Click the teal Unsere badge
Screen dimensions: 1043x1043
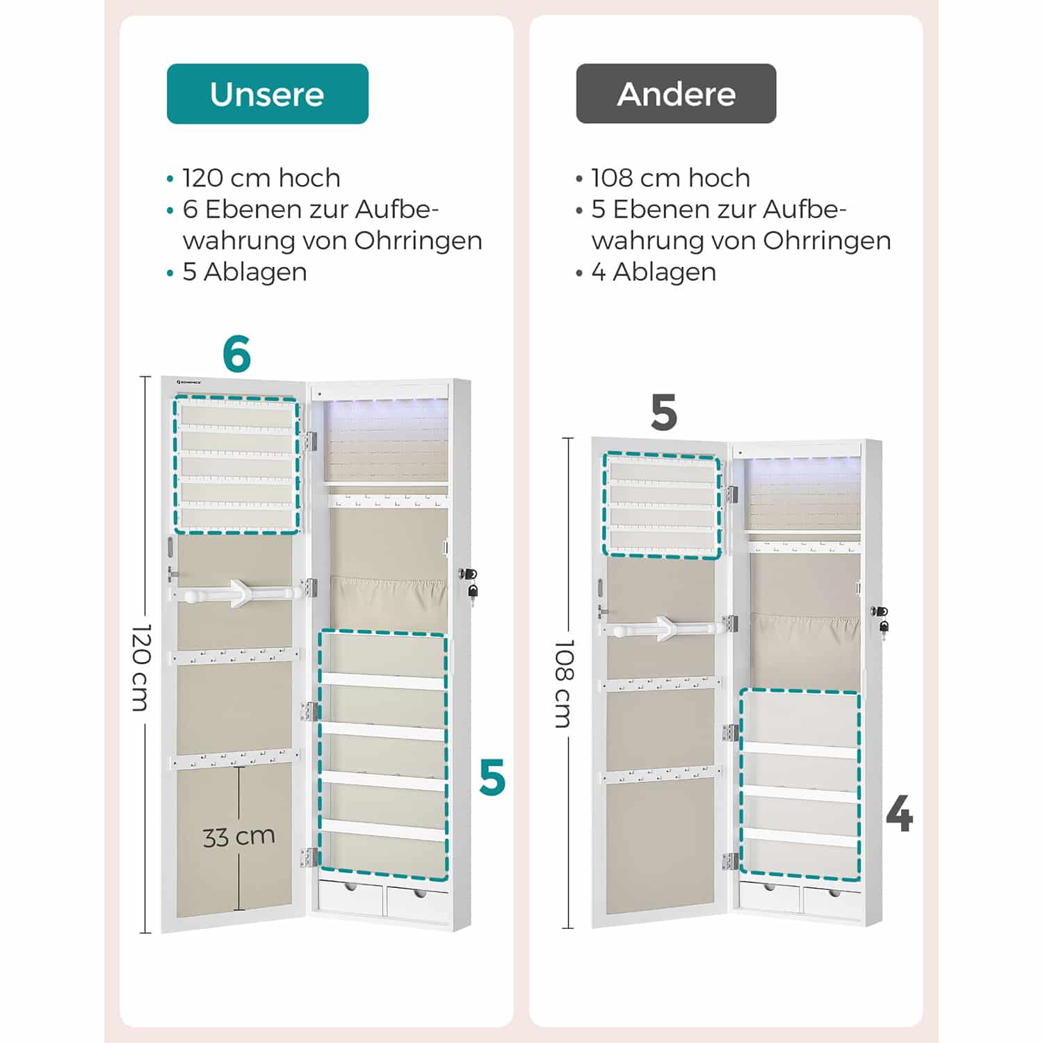[x=267, y=94]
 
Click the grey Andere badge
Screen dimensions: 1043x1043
[x=676, y=94]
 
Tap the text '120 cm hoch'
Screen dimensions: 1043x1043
[x=261, y=178]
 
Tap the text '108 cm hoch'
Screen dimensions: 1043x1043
[x=670, y=178]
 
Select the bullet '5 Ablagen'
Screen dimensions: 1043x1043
[x=244, y=272]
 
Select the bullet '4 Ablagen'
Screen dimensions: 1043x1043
[x=653, y=272]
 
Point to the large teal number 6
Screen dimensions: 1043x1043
[x=236, y=354]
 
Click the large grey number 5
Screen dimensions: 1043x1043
[x=663, y=413]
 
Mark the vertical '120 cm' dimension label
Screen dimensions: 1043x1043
[x=141, y=668]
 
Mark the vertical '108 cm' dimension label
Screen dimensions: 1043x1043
[x=564, y=684]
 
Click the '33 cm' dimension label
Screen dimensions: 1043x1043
[x=238, y=836]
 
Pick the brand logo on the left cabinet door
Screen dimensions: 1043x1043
[x=188, y=382]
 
